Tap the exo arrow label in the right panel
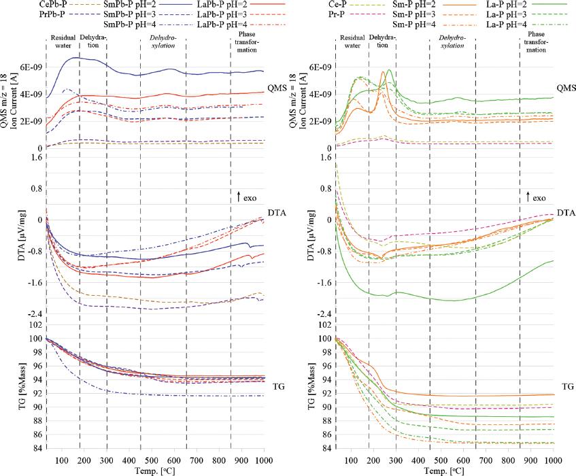coord(539,198)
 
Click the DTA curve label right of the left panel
coord(278,213)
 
